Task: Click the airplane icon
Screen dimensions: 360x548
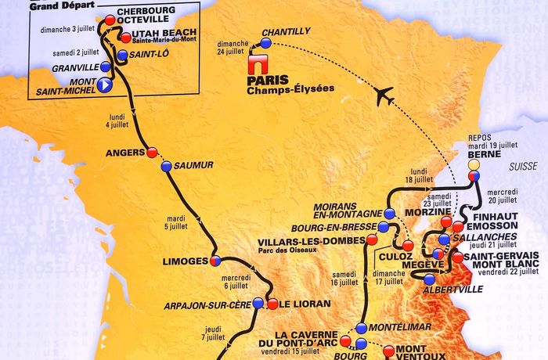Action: [x=384, y=96]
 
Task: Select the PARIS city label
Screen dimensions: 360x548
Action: [x=267, y=79]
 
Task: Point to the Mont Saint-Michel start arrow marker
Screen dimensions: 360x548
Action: [x=105, y=86]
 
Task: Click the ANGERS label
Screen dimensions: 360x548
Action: [x=126, y=153]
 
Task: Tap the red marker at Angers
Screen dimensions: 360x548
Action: [x=152, y=152]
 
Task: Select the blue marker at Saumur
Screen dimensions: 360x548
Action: [x=166, y=166]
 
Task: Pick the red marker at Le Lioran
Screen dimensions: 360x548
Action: [x=272, y=304]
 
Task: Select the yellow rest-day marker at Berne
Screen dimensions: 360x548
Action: [x=473, y=166]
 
